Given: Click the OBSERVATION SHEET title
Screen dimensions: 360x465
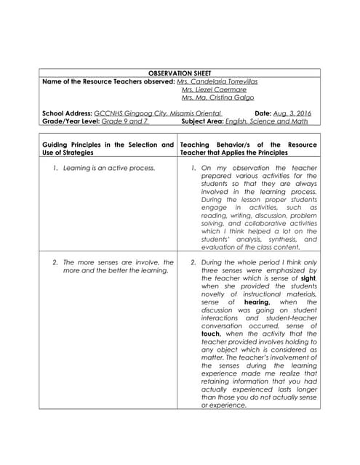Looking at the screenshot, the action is coord(179,74).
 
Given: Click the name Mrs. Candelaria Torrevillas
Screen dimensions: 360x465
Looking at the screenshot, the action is coord(218,81).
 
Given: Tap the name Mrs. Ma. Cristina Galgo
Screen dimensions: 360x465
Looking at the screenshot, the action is coord(217,97).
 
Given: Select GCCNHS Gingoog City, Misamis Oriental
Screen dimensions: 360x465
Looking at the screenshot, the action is coord(157,113).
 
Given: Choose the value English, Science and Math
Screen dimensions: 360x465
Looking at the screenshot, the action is coord(267,121).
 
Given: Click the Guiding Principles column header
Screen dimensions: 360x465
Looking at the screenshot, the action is coord(108,148).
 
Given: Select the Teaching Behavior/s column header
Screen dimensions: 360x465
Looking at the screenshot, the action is coord(248,148).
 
